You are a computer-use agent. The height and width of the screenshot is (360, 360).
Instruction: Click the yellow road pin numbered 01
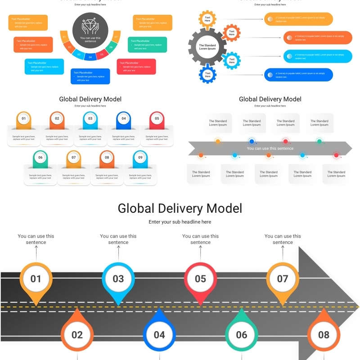click(x=36, y=279)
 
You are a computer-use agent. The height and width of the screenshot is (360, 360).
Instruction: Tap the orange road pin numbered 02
click(x=77, y=335)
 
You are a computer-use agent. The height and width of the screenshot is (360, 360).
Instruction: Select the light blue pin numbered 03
click(x=118, y=279)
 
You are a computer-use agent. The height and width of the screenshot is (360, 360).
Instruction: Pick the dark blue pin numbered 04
click(x=159, y=335)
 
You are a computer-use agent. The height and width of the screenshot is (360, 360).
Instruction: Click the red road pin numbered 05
click(x=200, y=279)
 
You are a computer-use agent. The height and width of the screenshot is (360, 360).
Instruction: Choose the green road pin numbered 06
click(x=242, y=335)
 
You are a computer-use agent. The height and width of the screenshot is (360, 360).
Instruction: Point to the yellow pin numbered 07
click(x=283, y=279)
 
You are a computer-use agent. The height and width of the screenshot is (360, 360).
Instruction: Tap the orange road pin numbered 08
click(x=324, y=335)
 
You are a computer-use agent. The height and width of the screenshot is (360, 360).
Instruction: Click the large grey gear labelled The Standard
click(x=207, y=47)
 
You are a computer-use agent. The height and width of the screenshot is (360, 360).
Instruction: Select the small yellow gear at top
click(x=207, y=19)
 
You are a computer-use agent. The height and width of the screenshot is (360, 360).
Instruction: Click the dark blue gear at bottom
click(x=207, y=75)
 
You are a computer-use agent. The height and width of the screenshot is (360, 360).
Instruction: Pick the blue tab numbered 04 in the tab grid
click(x=123, y=119)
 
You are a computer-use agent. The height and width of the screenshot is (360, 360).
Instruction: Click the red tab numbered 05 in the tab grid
click(x=157, y=119)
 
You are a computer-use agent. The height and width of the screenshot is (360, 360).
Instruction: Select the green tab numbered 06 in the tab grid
click(x=40, y=158)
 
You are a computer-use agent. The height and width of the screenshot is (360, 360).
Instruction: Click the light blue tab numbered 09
click(x=140, y=158)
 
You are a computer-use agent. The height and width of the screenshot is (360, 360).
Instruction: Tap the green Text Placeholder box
click(x=147, y=45)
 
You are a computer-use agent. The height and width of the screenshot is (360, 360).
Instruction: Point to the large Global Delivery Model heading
click(x=180, y=208)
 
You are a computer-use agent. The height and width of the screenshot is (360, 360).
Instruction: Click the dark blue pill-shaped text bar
click(x=299, y=75)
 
